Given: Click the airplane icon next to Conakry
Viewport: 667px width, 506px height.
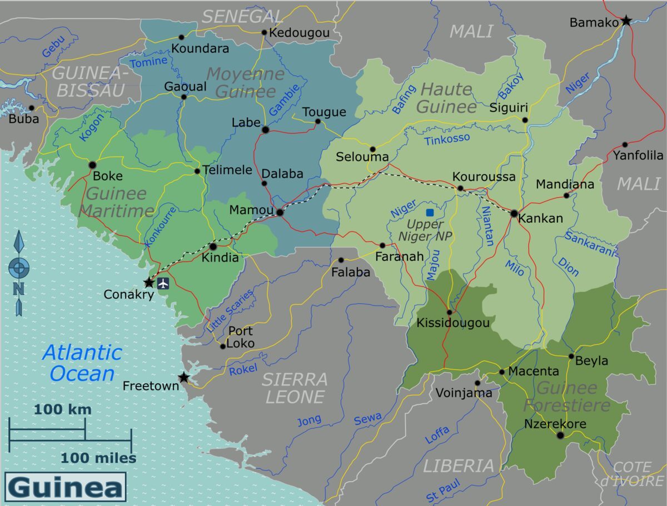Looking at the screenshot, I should (163, 283).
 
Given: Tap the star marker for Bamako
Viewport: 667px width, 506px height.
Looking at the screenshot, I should (626, 21).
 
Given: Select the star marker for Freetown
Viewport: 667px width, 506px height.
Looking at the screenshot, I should (183, 378).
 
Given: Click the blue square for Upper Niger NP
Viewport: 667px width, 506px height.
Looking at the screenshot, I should (430, 212).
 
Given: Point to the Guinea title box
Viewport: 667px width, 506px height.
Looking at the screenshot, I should (66, 487).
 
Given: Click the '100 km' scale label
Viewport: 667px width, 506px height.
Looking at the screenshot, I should (62, 410).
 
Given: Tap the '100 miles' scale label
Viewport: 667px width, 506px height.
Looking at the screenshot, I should (98, 458).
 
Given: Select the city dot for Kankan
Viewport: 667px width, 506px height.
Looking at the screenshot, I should (514, 213).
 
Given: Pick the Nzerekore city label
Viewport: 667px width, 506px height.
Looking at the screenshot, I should (555, 424).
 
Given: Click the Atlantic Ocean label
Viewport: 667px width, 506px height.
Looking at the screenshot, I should (82, 363).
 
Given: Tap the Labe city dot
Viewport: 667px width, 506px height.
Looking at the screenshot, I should (266, 130).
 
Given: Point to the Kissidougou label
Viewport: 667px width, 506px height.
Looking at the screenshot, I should (453, 323).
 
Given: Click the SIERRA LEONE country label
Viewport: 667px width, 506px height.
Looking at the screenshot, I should (295, 388).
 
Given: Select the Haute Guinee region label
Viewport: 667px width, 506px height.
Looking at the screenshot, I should (447, 98).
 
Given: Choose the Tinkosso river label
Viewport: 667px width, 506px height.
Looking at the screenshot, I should (447, 139).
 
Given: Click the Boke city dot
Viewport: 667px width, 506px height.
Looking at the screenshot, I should (92, 165).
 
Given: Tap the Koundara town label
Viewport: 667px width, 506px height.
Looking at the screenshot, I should (200, 49).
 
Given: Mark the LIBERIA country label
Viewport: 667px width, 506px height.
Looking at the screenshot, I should (458, 465).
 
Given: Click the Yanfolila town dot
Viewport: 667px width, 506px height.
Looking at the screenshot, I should (625, 144).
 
